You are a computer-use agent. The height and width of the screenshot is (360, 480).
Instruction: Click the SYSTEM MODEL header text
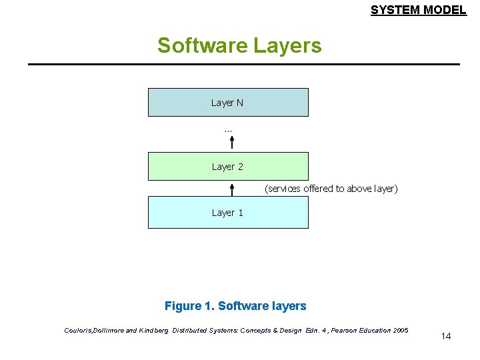pos(418,10)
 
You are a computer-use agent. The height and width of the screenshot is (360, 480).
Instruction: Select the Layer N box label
pos(227,103)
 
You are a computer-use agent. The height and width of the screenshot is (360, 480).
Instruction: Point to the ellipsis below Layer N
pos(228,129)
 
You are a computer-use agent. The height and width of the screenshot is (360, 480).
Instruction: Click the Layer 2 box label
pos(227,167)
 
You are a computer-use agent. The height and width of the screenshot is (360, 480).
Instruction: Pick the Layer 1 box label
pos(227,213)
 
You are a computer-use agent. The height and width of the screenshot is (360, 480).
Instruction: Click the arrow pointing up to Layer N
pos(232,143)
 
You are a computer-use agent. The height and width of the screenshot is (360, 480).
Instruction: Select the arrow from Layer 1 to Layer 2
pos(232,189)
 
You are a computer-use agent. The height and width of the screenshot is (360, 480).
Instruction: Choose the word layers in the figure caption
pos(289,306)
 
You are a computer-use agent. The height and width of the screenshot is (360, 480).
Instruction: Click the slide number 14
pos(446,336)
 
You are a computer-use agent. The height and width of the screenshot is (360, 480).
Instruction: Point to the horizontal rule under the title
pos(244,64)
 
